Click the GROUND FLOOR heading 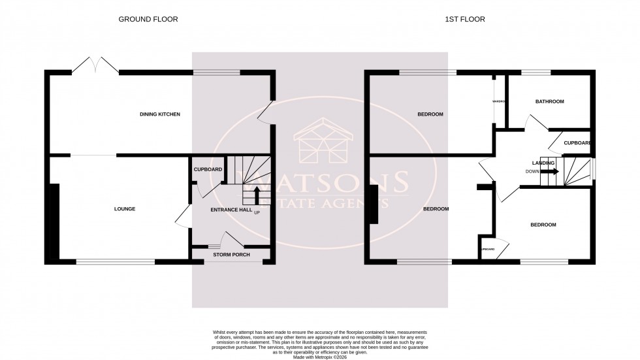click(x=148, y=20)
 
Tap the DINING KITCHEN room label click(x=160, y=114)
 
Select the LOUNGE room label click(x=125, y=209)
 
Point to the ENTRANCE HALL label click(x=231, y=210)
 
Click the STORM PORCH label click(x=231, y=255)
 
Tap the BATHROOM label click(x=549, y=102)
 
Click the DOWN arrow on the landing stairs click(x=551, y=172)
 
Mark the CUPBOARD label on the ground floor click(x=208, y=170)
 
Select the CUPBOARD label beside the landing click(x=577, y=143)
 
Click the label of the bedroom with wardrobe click(x=430, y=114)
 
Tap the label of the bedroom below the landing click(x=543, y=225)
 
